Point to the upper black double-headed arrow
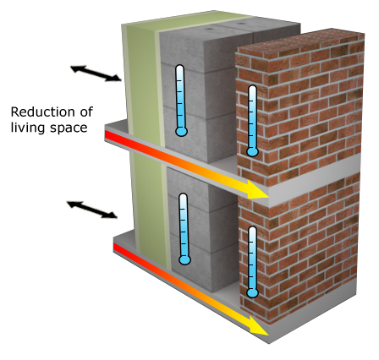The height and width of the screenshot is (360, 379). point(96,74)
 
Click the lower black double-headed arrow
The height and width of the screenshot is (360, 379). point(92,210)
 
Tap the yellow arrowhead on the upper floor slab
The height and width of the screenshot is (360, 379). point(255,189)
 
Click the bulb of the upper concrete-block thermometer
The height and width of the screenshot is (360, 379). point(181,131)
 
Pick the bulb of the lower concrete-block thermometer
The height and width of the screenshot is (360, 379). point(184,259)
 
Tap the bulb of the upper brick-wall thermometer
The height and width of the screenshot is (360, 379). point(252,152)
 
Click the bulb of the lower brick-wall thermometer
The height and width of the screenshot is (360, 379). point(252,293)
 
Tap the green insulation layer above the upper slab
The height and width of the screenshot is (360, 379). point(142,79)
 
